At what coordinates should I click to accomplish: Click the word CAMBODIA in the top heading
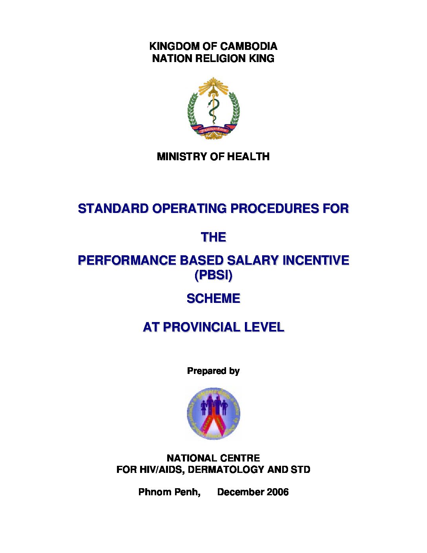pos(249,46)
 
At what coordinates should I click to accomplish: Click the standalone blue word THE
pos(213,238)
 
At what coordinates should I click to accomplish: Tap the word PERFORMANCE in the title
pos(126,260)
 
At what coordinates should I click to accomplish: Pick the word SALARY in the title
pos(253,260)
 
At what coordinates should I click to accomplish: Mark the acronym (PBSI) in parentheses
pos(213,275)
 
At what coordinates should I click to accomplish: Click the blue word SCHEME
pos(213,299)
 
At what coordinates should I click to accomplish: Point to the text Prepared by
pos(213,371)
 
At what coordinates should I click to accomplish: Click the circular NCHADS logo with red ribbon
pos(213,414)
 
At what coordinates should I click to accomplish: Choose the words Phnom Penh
pos(169,492)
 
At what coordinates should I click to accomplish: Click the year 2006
pos(277,492)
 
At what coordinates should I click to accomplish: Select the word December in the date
pos(241,492)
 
